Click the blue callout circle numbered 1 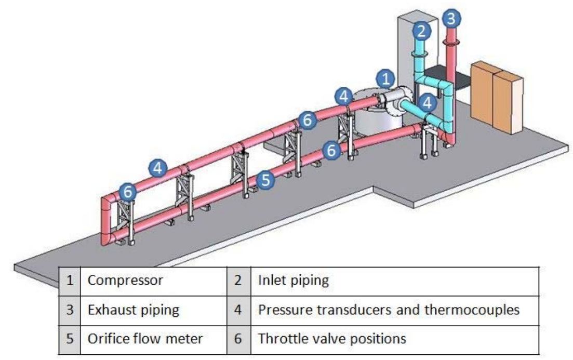coord(385,79)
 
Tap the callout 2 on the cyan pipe coord(422,31)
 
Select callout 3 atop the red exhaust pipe coord(451,19)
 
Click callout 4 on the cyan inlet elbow coord(427,102)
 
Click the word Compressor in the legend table coord(125,281)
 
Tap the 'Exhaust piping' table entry coord(134,310)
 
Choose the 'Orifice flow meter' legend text coord(145,339)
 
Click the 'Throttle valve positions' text coord(331,339)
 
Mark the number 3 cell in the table coord(69,310)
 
